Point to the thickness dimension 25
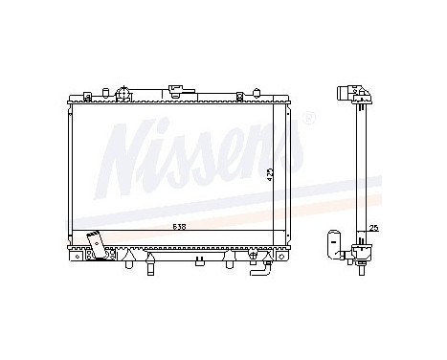point(373,227)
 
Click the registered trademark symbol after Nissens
point(308,120)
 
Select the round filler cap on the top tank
point(123,95)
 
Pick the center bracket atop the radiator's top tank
point(176,94)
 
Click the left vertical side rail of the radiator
point(72,172)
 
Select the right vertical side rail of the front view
point(288,172)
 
